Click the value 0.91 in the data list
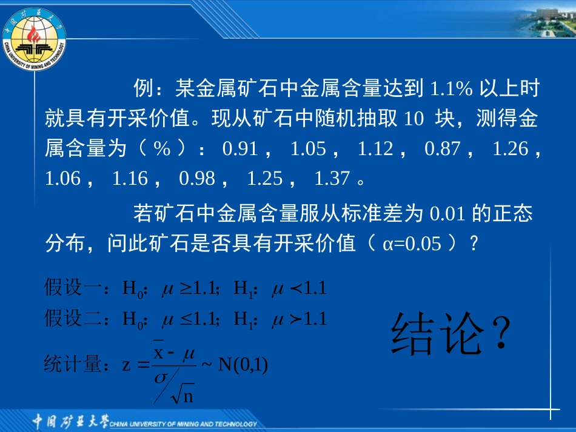click(x=240, y=149)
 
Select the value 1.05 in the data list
click(x=308, y=149)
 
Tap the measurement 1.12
click(x=375, y=149)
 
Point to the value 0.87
click(x=442, y=149)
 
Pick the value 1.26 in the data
click(x=511, y=149)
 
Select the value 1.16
click(x=130, y=178)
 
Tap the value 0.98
click(x=197, y=178)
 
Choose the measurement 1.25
click(x=265, y=178)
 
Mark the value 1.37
click(x=332, y=178)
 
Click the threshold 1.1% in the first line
click(x=450, y=90)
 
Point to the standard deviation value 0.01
click(x=447, y=214)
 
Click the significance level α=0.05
click(x=412, y=244)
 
